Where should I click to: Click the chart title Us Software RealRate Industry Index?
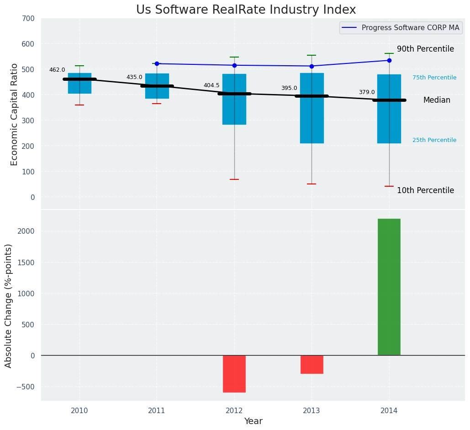coord(246,10)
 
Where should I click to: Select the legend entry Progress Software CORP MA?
coord(410,28)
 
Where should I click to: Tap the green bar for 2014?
coord(389,287)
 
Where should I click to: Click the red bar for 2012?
coord(234,374)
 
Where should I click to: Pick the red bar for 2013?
coord(312,364)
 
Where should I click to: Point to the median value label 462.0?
coord(57,70)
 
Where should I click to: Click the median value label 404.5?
coord(211,85)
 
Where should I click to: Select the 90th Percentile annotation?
coord(425,49)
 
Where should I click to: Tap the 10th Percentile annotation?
coord(425,191)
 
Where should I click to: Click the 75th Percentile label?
coord(434,78)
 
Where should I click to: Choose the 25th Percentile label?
coord(434,140)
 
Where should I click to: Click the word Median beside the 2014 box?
coord(437,100)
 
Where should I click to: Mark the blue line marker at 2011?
coord(157,64)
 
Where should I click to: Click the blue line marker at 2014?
coord(389,60)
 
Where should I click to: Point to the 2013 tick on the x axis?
coord(312,411)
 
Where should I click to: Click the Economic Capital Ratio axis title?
coord(14,114)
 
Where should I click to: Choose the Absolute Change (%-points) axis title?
coord(9,305)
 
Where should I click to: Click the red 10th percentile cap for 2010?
coord(79,105)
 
